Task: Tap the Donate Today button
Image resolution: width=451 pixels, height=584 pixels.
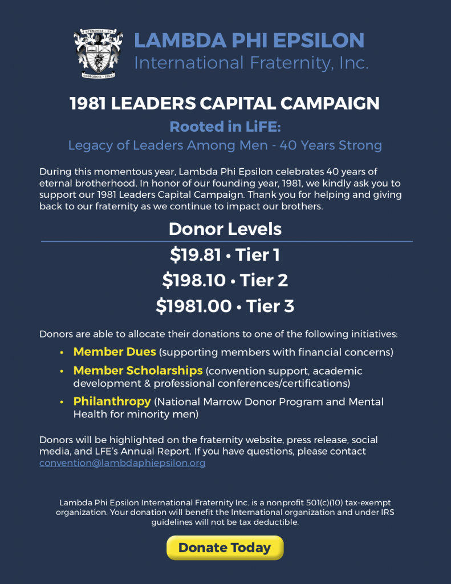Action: [x=225, y=548]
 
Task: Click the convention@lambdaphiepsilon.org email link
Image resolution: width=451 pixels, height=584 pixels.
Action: [x=122, y=463]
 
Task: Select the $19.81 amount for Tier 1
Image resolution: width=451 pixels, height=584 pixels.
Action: [x=196, y=255]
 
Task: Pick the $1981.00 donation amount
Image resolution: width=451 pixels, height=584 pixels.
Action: [x=193, y=306]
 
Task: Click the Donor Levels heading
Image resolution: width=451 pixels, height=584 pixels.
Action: [x=225, y=229]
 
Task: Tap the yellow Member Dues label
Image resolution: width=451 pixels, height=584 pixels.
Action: [x=114, y=352]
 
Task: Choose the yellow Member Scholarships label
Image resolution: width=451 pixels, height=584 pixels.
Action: [x=138, y=371]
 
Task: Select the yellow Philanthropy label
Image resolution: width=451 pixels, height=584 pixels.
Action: [x=112, y=401]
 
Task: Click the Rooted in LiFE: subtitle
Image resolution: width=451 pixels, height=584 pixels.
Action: [x=225, y=126]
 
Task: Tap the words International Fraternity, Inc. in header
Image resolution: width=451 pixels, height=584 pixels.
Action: [x=251, y=63]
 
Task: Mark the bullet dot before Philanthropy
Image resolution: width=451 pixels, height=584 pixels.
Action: [x=62, y=402]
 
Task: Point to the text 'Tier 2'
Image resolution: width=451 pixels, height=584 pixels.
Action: [x=264, y=281]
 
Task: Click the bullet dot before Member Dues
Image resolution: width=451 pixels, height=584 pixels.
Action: [x=62, y=352]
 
